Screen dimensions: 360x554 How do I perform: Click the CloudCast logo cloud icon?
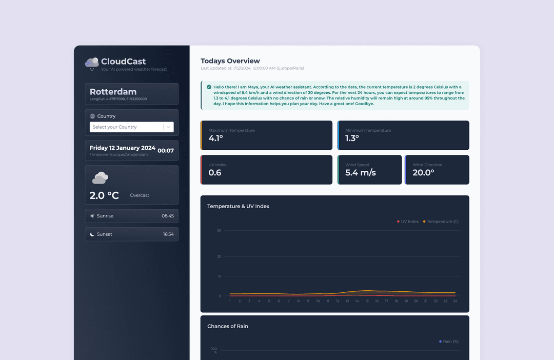(92, 63)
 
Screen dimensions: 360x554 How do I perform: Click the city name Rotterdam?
(113, 92)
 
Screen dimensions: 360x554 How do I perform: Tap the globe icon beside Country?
(92, 116)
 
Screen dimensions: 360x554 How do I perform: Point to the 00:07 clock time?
(165, 151)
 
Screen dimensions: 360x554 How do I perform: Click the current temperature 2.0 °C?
(104, 195)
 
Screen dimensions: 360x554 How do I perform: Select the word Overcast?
(140, 195)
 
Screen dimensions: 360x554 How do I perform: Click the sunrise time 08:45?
(168, 216)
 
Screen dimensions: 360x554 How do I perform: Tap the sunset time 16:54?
(168, 234)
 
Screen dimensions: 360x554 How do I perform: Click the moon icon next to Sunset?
(92, 234)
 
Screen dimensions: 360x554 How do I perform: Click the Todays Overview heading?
(230, 61)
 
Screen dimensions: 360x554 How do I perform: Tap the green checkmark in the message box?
(209, 87)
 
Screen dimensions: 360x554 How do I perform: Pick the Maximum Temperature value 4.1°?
(215, 138)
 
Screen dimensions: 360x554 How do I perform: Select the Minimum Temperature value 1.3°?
(352, 138)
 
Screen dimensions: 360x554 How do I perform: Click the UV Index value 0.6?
(215, 173)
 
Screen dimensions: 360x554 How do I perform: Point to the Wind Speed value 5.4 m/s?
(360, 173)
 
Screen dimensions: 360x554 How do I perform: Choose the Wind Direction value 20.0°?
(423, 173)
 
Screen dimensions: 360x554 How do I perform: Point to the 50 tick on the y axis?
(219, 231)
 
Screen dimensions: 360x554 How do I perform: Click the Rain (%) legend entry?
(450, 342)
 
